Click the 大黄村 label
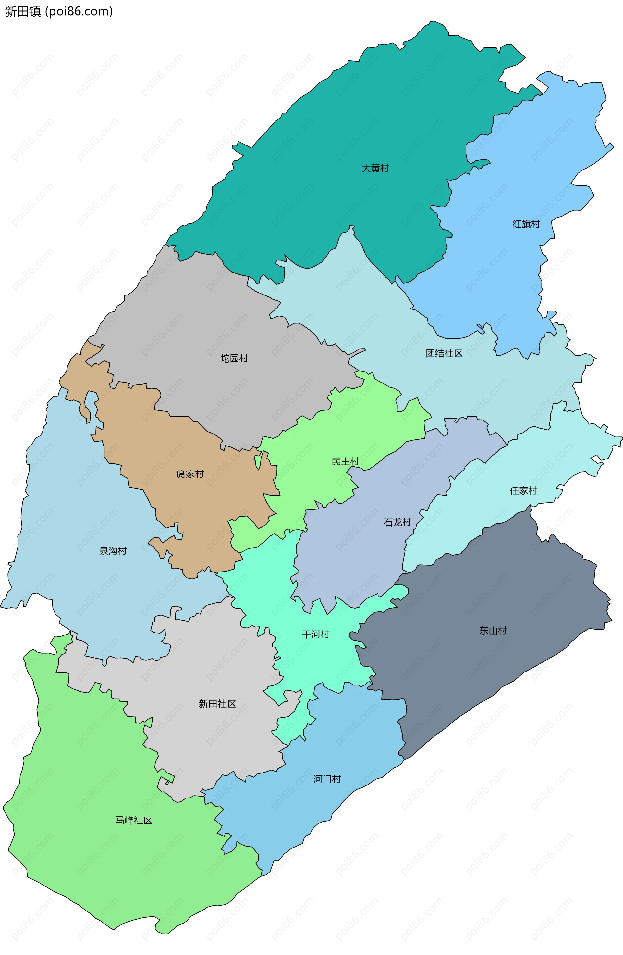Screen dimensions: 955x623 [x=375, y=168]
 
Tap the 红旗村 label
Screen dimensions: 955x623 [x=526, y=224]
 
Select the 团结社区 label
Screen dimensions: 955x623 [x=444, y=353]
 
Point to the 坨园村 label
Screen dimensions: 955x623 [x=234, y=358]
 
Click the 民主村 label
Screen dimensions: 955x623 [x=345, y=461]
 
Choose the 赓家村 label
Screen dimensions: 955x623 [x=190, y=474]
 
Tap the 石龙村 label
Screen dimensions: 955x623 [x=397, y=522]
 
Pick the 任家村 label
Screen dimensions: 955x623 [x=523, y=490]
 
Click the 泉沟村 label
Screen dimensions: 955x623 [x=113, y=551]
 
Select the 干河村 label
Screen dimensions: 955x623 [x=315, y=634]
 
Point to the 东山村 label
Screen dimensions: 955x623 [x=493, y=630]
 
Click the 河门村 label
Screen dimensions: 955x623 [x=327, y=779]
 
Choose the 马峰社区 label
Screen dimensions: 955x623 [x=134, y=820]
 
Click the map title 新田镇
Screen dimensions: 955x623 [x=22, y=11]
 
